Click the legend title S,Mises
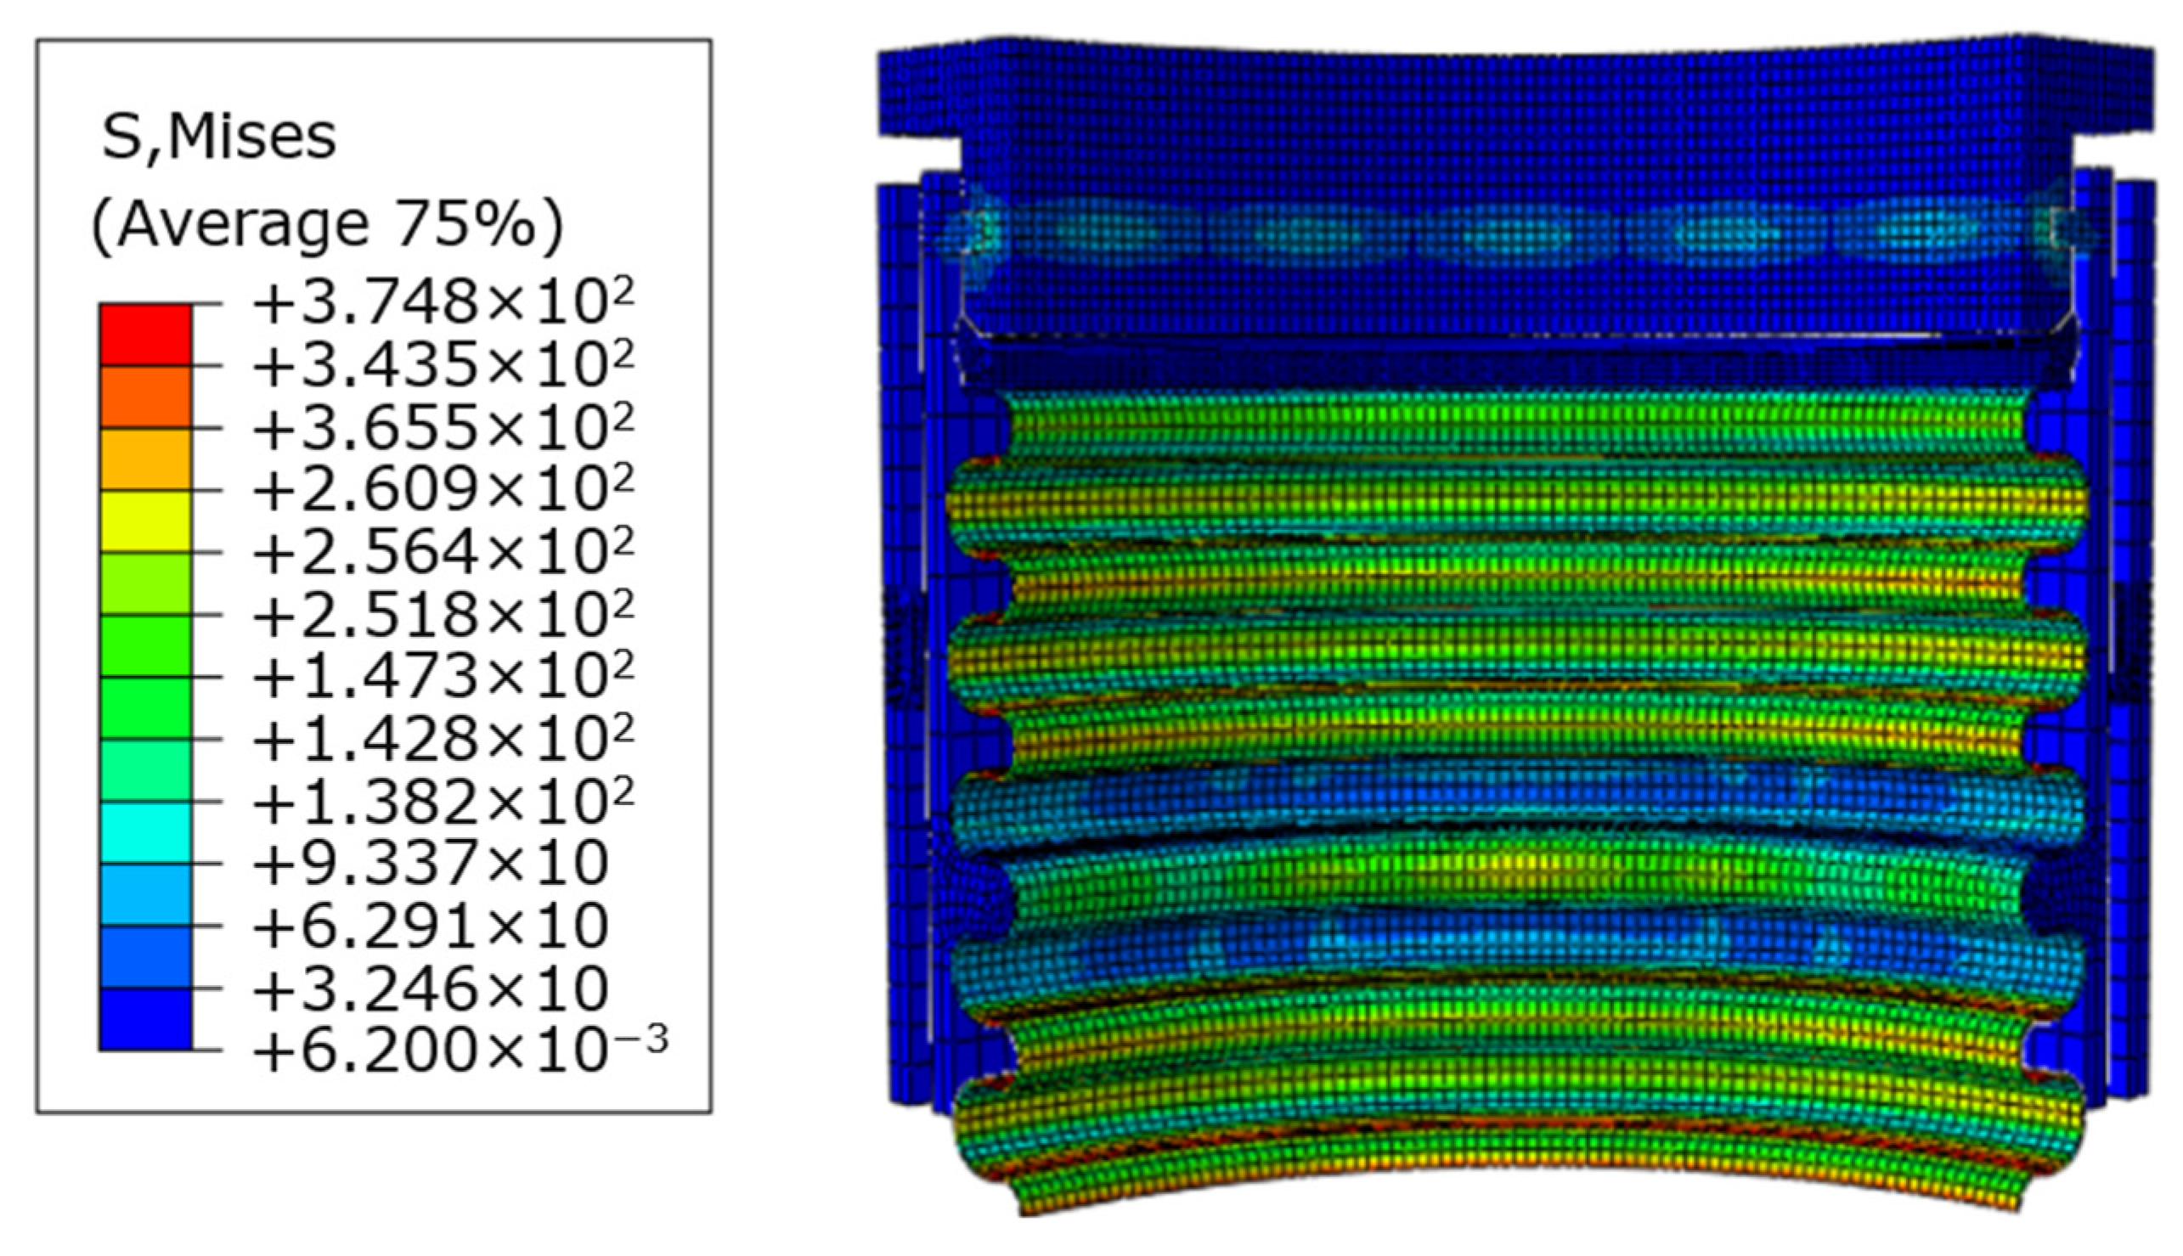pyautogui.click(x=218, y=138)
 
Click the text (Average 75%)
pyautogui.click(x=327, y=224)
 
